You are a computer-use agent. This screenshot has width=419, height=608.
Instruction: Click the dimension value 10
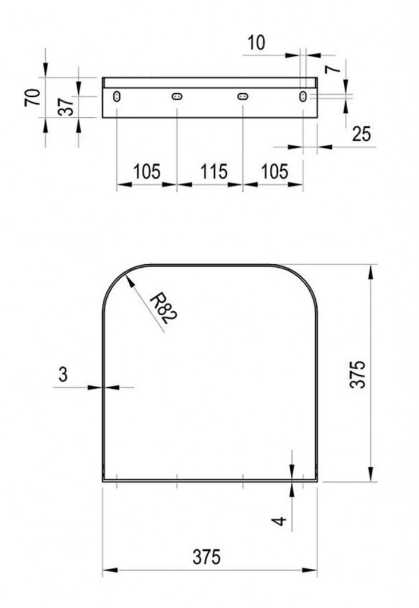(x=256, y=42)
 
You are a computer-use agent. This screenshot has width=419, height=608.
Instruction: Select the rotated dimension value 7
(x=333, y=69)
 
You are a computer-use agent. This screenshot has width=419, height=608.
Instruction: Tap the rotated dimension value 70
(x=33, y=97)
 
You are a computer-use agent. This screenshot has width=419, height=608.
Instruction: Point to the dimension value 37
(x=66, y=106)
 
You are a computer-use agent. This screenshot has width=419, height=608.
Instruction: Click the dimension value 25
(x=361, y=134)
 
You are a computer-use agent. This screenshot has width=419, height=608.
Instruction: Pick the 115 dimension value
(x=214, y=172)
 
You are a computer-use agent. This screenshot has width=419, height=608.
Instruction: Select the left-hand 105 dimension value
(x=147, y=172)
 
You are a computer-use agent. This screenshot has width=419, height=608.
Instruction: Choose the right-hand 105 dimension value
(x=274, y=172)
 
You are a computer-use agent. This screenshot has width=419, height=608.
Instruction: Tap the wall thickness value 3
(x=63, y=375)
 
